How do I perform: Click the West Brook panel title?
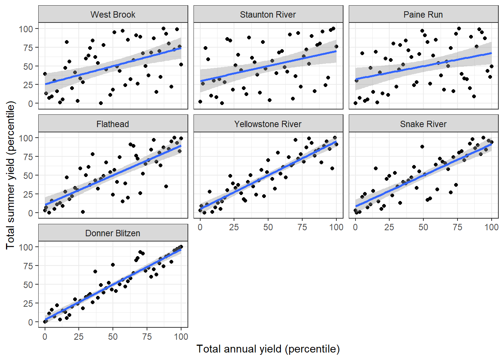[113, 15]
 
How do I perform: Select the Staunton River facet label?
[268, 15]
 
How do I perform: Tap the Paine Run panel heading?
[423, 15]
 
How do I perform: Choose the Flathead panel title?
[112, 124]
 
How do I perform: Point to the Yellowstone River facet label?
[268, 124]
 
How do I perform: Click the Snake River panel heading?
[423, 124]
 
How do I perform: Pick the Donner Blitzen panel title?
[112, 233]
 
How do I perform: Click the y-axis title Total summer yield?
[10, 175]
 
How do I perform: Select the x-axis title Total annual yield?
[268, 349]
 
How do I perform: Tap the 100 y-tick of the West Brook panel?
[26, 29]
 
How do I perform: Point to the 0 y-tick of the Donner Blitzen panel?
[30, 322]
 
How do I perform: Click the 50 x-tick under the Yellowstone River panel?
[268, 227]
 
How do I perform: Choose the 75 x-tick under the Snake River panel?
[457, 227]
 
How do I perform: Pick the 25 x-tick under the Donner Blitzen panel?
[79, 337]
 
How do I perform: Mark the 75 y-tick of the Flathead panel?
[28, 157]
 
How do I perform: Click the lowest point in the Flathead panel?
[83, 212]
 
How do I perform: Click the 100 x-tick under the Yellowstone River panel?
[336, 227]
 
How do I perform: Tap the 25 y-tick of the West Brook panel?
[28, 85]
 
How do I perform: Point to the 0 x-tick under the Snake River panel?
[355, 227]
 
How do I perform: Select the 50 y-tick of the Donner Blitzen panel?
[28, 285]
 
